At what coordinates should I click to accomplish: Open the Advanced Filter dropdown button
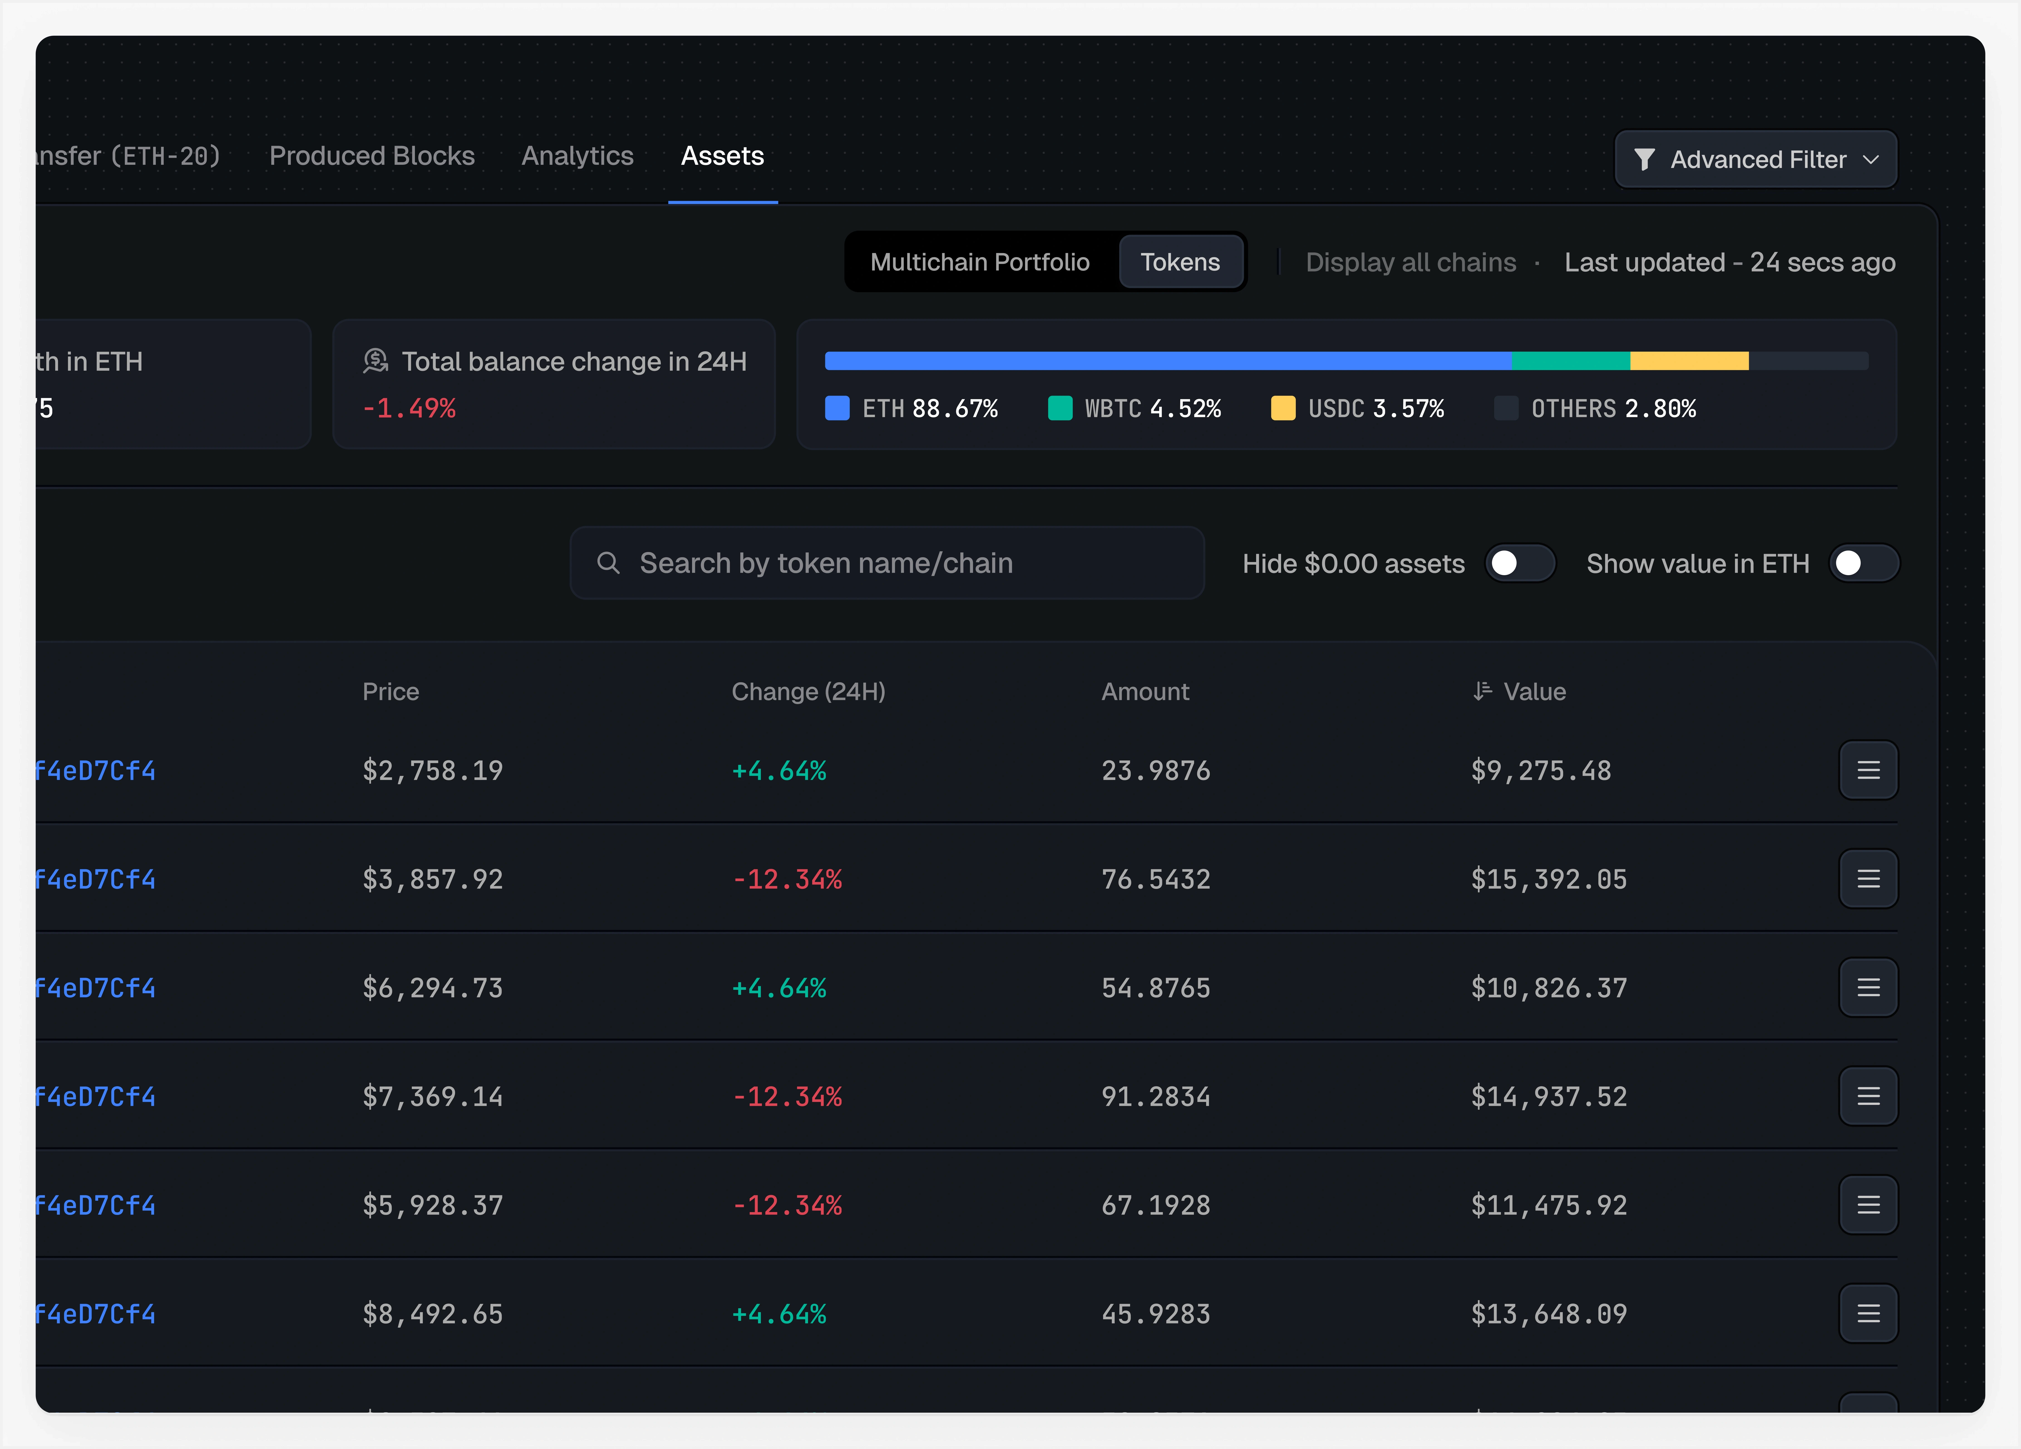pyautogui.click(x=1755, y=160)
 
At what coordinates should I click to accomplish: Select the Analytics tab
pyautogui.click(x=577, y=156)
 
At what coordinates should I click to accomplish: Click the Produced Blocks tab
pyautogui.click(x=372, y=156)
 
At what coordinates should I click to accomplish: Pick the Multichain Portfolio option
pyautogui.click(x=979, y=262)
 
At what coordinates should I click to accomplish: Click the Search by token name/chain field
pyautogui.click(x=887, y=563)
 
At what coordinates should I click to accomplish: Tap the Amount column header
pyautogui.click(x=1145, y=692)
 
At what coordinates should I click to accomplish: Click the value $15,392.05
pyautogui.click(x=1549, y=880)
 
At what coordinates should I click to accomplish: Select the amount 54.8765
pyautogui.click(x=1156, y=988)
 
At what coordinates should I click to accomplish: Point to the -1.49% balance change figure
pyautogui.click(x=409, y=408)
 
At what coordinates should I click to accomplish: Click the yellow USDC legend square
pyautogui.click(x=1282, y=408)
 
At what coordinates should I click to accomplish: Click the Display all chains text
pyautogui.click(x=1411, y=262)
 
